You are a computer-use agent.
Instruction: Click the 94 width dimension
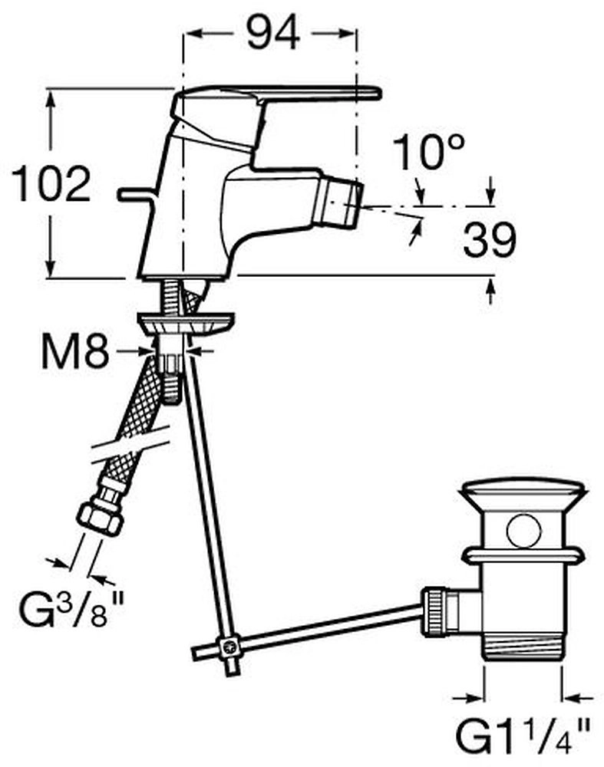pyautogui.click(x=273, y=32)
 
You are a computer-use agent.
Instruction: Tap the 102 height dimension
pyautogui.click(x=51, y=184)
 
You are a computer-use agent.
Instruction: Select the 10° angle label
pyautogui.click(x=428, y=153)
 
